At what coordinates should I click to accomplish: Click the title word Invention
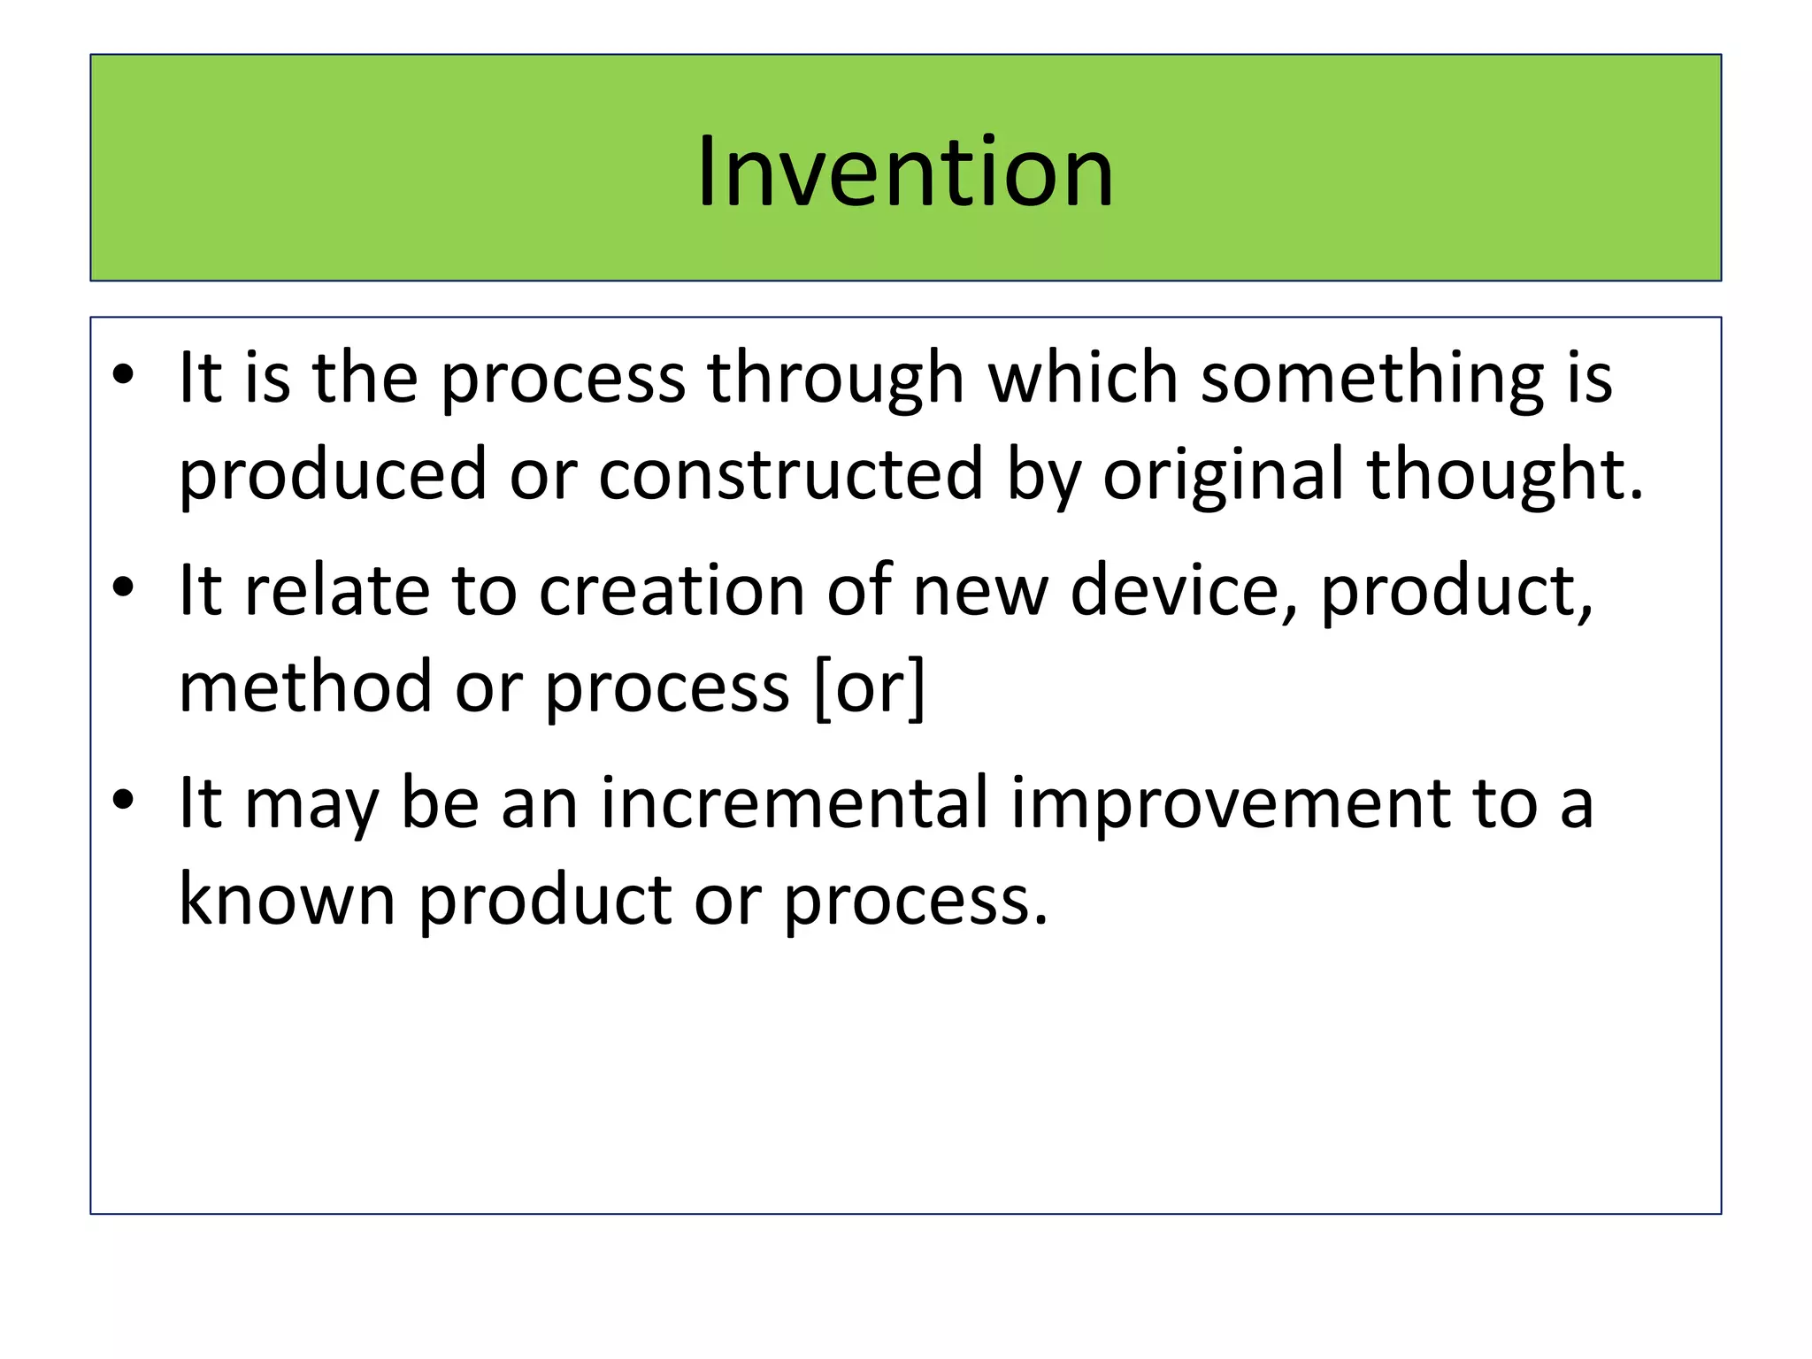point(904,172)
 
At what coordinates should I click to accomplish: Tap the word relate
point(336,590)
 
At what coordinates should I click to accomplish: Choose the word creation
point(672,590)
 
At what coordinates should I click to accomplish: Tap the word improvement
point(1230,802)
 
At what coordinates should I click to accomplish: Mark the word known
point(287,900)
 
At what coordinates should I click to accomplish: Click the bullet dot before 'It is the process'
point(123,377)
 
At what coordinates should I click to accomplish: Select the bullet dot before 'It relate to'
point(123,587)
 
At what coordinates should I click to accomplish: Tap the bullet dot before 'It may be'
point(123,800)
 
